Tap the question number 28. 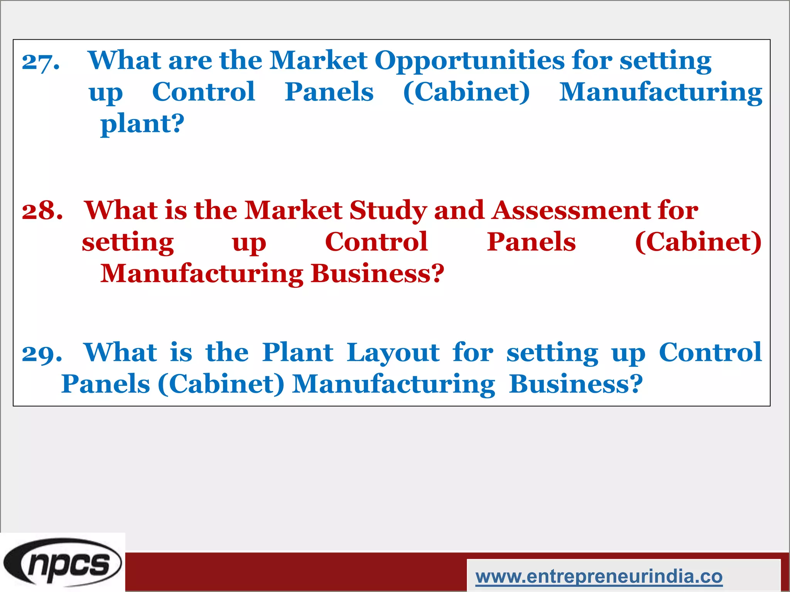click(42, 211)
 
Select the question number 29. click(42, 353)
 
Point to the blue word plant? click(142, 124)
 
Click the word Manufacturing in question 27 click(660, 93)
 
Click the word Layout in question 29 click(393, 353)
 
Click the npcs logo click(62, 562)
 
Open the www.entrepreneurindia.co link click(599, 577)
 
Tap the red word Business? click(377, 274)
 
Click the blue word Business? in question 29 click(576, 384)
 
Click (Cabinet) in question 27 click(466, 92)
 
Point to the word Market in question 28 click(293, 211)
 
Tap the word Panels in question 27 click(329, 92)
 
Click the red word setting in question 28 click(128, 243)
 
